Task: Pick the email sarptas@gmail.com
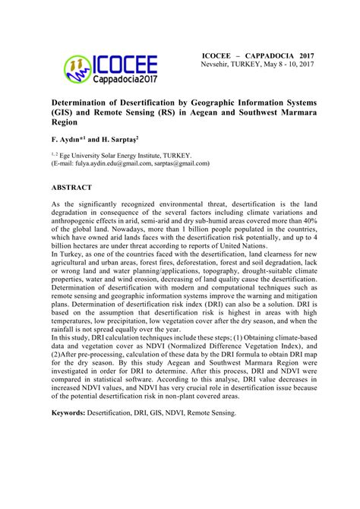pyautogui.click(x=181, y=163)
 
